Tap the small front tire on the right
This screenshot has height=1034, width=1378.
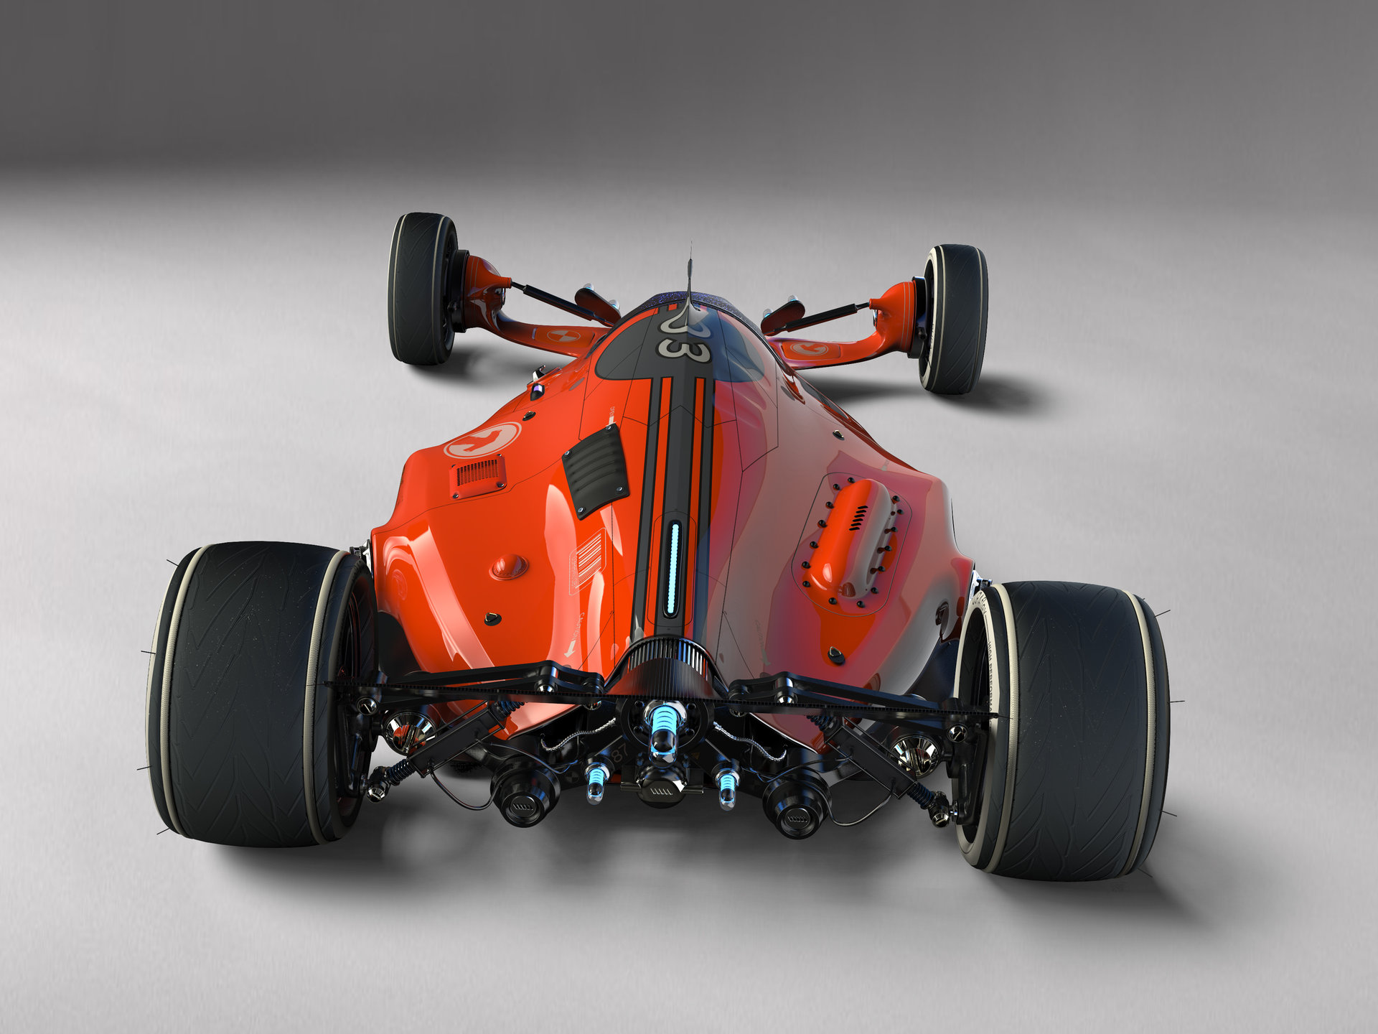(x=955, y=320)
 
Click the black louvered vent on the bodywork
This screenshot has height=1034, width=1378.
(x=595, y=471)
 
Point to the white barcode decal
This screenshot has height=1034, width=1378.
(x=587, y=560)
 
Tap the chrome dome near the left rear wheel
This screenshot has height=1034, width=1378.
(x=406, y=728)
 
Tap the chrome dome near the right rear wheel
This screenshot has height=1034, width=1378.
(x=915, y=751)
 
